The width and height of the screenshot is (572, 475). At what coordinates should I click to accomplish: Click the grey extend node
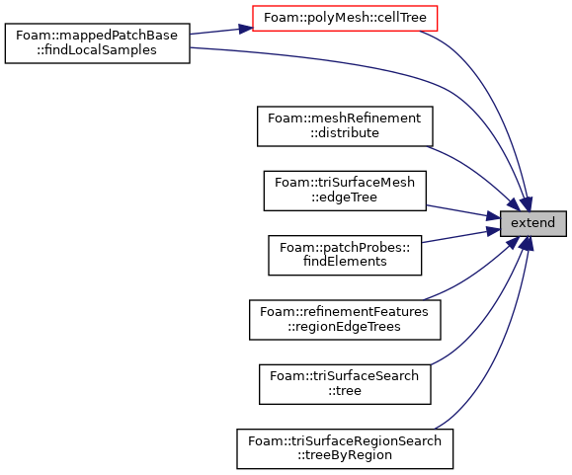click(532, 223)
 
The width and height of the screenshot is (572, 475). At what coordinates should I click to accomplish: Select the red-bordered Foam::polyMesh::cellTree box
click(345, 18)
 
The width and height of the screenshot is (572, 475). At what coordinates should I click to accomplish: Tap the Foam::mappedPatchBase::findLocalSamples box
click(98, 43)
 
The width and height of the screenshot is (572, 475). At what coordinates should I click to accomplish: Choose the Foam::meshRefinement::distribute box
click(345, 126)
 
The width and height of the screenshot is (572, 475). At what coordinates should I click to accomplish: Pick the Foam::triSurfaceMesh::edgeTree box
click(345, 191)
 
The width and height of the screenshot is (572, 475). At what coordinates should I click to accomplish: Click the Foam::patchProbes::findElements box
click(345, 255)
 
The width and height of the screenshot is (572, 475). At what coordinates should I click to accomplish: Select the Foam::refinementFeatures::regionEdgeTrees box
click(345, 320)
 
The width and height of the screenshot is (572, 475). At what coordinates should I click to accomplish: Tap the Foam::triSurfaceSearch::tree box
click(345, 384)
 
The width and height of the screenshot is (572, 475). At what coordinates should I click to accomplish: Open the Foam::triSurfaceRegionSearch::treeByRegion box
click(345, 448)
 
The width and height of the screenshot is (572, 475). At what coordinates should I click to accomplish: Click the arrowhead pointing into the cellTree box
click(245, 29)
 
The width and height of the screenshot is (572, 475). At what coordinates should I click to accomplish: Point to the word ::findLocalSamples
click(97, 50)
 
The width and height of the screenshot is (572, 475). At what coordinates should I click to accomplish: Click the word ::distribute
click(345, 133)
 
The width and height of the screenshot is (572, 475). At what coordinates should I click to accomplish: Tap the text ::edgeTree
click(345, 198)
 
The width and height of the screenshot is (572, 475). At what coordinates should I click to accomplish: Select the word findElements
click(345, 262)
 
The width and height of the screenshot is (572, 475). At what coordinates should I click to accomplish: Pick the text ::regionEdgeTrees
click(344, 326)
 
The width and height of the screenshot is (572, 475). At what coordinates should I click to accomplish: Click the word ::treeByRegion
click(345, 455)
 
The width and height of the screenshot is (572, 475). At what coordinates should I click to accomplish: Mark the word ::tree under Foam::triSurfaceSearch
click(345, 391)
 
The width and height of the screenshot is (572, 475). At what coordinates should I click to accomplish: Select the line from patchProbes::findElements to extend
click(461, 236)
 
